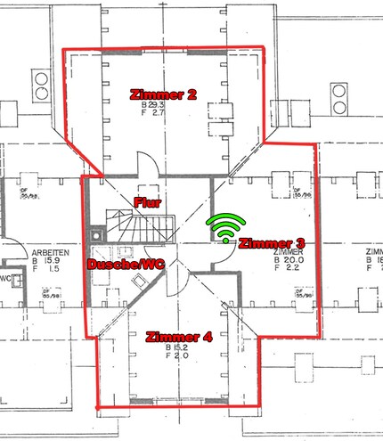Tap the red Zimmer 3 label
(273, 242)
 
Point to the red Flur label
(146, 202)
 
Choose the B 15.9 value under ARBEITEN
(47, 261)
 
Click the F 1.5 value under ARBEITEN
(48, 270)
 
